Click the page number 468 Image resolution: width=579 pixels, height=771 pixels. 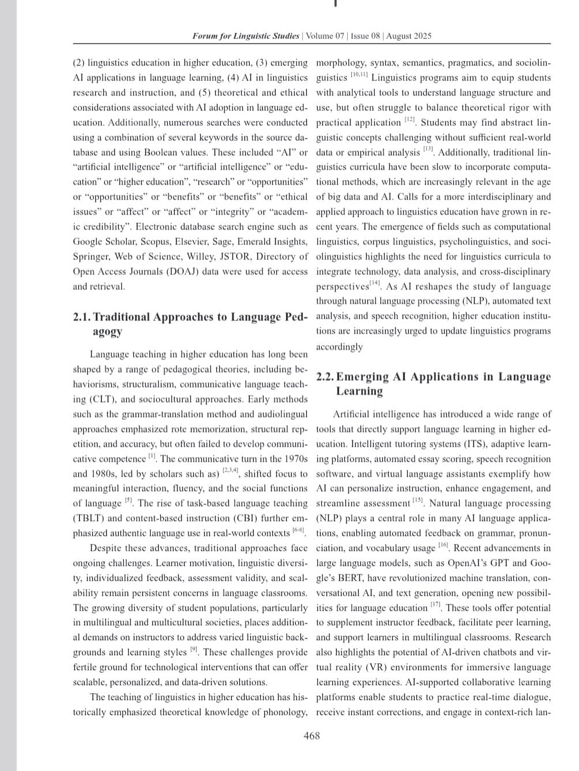click(x=311, y=736)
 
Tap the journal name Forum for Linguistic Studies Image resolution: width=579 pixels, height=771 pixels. click(x=246, y=36)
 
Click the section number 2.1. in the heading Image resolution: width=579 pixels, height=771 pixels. click(x=82, y=317)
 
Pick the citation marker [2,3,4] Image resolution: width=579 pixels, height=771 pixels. click(x=231, y=472)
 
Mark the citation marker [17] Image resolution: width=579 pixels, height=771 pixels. click(x=436, y=606)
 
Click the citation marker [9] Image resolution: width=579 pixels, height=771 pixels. click(x=194, y=651)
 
